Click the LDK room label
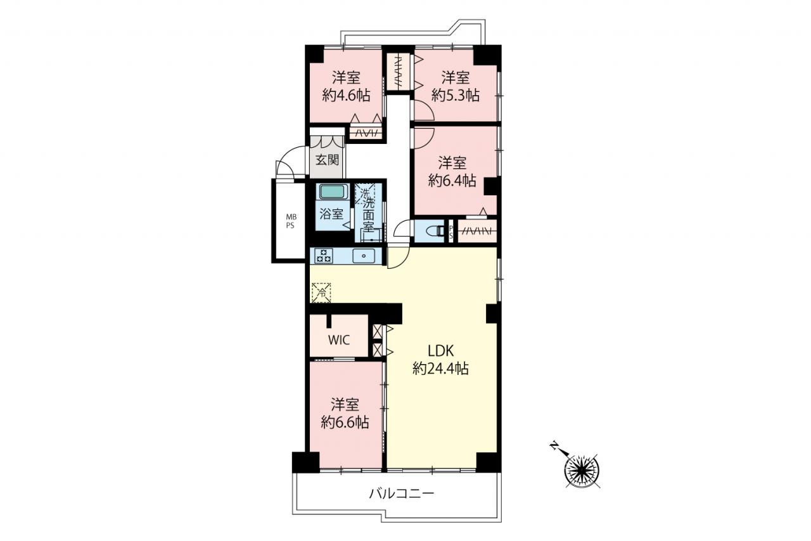[440, 351]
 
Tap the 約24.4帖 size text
[440, 368]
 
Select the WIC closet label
[339, 340]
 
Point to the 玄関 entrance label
[328, 160]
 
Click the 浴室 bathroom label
[331, 214]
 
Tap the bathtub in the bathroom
[333, 192]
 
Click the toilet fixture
[436, 231]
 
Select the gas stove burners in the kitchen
[324, 256]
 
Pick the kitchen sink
[364, 256]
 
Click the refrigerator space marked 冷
[321, 292]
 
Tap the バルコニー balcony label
[402, 493]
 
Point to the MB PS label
[291, 221]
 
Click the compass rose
[582, 471]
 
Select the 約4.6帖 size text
[346, 96]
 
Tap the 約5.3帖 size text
[456, 96]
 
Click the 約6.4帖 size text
[452, 181]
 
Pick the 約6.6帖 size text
[345, 422]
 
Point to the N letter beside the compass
[554, 445]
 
